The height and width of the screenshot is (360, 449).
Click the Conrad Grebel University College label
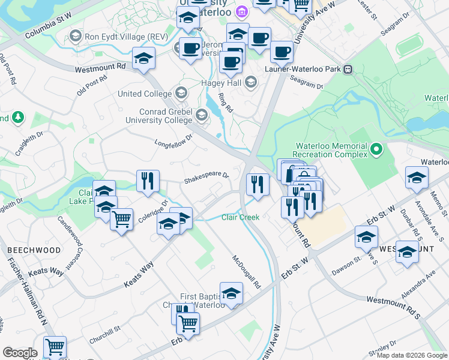click(158, 116)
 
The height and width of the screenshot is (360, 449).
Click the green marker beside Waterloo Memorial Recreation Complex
click(376, 148)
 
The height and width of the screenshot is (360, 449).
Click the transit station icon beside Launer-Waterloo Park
click(348, 69)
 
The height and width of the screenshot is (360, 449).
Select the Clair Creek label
click(241, 217)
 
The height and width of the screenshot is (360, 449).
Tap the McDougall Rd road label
click(248, 271)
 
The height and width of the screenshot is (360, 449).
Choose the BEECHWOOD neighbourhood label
click(34, 250)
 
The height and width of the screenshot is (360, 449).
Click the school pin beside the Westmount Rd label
click(144, 59)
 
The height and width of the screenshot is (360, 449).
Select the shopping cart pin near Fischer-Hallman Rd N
click(55, 347)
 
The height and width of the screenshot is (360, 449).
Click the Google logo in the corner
click(20, 352)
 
